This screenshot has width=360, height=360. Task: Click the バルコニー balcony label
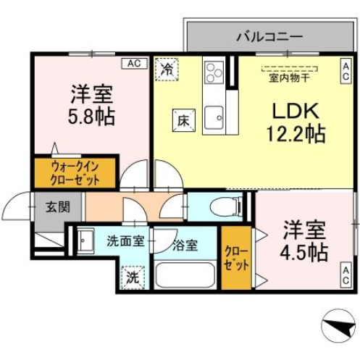269,35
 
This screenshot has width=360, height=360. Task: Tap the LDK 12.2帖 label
298,122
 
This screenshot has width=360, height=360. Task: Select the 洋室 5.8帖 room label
92,105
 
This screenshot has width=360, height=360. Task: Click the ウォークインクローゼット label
75,173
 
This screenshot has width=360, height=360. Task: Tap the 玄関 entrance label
58,206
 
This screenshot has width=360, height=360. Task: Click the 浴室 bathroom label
184,245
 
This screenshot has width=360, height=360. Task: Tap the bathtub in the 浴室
185,275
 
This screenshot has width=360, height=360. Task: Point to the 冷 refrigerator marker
167,70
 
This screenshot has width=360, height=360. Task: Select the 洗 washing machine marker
133,276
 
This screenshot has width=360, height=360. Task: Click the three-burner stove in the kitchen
214,74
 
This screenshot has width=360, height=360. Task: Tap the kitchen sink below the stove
214,117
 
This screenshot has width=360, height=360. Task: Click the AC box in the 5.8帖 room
133,64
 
